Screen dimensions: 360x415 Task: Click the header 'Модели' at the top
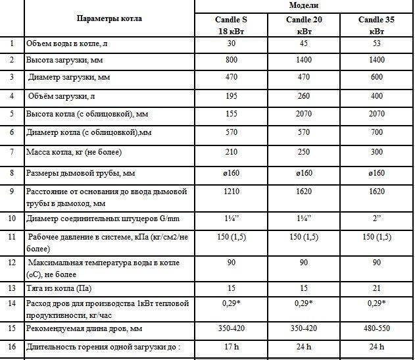304,5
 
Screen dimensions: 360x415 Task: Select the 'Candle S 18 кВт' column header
232,25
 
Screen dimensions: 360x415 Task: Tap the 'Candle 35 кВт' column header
376,25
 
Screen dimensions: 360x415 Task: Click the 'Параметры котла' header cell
109,18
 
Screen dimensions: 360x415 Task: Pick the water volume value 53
376,43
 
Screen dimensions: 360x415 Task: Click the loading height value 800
232,61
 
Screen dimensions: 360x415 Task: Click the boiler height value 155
232,115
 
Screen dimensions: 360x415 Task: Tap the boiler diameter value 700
376,133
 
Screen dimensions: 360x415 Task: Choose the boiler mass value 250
303,153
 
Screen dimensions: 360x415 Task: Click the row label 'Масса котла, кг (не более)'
74,153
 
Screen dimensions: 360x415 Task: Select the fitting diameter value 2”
376,218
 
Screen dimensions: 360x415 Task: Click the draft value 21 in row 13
376,288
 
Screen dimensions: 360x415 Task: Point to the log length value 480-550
376,328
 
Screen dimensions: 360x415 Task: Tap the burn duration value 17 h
232,346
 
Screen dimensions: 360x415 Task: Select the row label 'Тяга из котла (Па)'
59,288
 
